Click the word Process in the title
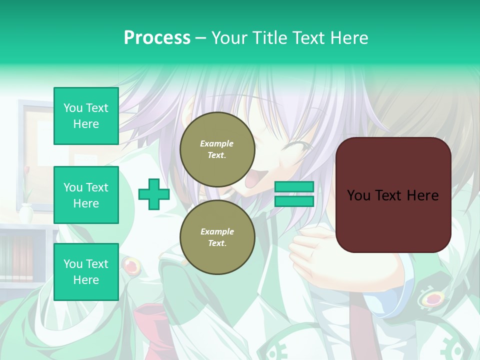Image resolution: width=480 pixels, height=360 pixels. (x=157, y=38)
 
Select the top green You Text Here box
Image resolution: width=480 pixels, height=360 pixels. (x=86, y=116)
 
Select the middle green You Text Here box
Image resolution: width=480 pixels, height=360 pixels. (x=86, y=195)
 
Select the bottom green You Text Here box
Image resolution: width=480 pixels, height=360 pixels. (x=86, y=272)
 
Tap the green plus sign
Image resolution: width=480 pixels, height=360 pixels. (x=154, y=194)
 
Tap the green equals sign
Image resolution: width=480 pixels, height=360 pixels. (x=294, y=194)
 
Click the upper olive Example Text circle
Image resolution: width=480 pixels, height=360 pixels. (x=217, y=149)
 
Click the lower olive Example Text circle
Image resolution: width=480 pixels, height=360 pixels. (x=217, y=237)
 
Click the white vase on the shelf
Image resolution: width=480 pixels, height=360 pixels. (x=26, y=213)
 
